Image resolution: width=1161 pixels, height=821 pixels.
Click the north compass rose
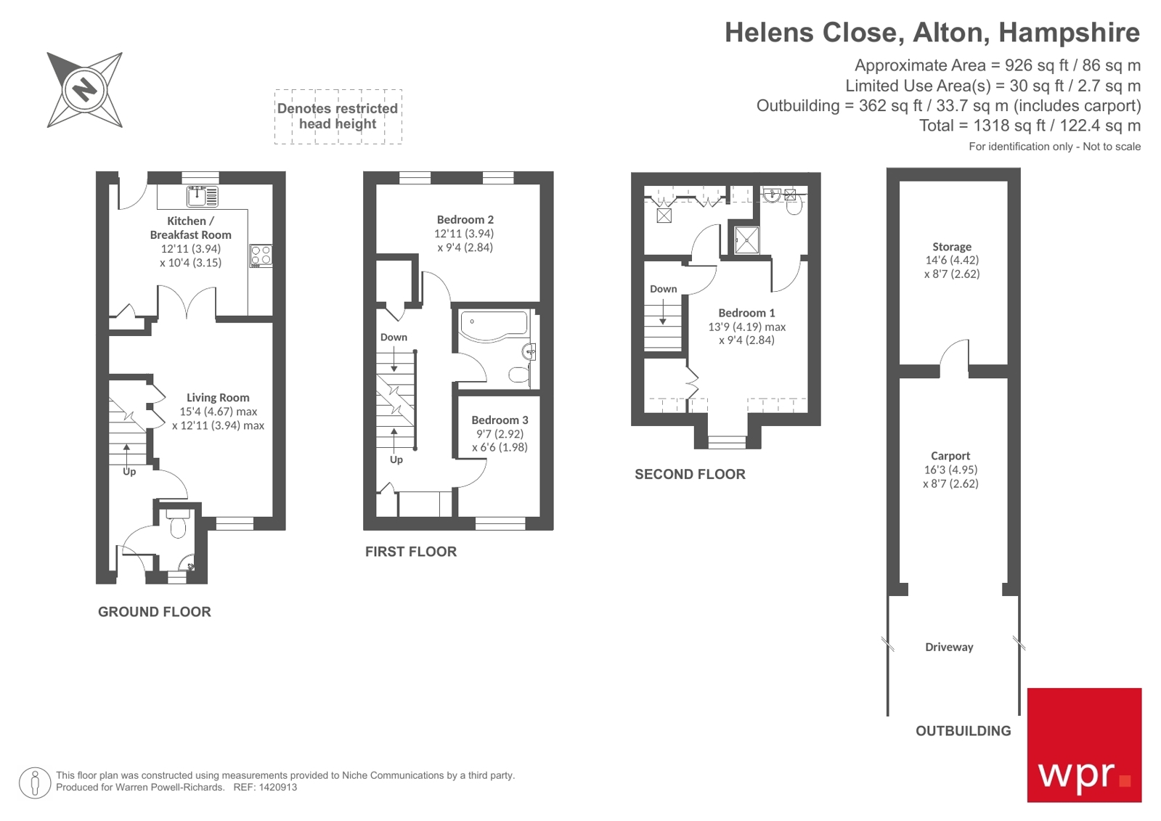point(84,90)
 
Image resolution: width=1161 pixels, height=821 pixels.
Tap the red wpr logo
point(1083,745)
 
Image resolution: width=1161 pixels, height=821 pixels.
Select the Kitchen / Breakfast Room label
point(190,228)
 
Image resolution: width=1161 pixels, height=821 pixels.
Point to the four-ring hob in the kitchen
point(261,256)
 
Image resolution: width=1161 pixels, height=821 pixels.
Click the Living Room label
point(218,398)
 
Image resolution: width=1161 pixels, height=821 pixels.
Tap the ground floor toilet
point(178,525)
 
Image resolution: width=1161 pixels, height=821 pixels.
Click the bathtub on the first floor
point(494,324)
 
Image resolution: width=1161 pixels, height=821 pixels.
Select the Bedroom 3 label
point(500,420)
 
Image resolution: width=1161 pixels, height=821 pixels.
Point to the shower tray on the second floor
point(746,240)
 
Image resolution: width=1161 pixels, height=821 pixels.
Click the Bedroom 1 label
point(746,313)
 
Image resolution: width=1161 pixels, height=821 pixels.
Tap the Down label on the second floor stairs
point(663,289)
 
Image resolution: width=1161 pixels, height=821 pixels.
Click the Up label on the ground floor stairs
point(129,472)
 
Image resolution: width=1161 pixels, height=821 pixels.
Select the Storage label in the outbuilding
point(951,247)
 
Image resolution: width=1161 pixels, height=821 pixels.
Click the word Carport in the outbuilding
point(950,456)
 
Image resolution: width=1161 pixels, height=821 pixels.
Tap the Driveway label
point(949,647)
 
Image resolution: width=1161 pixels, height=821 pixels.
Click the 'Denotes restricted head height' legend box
point(338,116)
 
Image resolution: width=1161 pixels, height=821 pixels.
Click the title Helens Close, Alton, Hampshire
point(932,33)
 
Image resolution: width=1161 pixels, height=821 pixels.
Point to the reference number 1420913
point(275,787)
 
